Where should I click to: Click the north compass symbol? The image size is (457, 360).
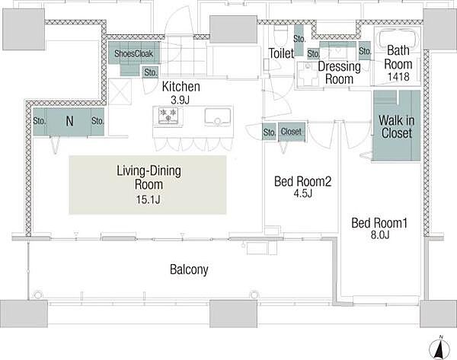[x=439, y=348]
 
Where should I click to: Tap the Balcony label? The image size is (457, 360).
[x=189, y=269]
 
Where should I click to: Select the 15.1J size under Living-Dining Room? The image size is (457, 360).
[x=148, y=199]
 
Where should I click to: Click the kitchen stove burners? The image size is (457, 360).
[x=168, y=115]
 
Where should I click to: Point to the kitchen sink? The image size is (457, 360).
[x=217, y=116]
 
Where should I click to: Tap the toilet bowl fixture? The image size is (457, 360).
[x=280, y=34]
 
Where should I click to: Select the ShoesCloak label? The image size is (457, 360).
[x=133, y=53]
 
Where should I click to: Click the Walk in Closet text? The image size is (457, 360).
[x=396, y=126]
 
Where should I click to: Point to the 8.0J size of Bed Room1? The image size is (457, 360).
[x=380, y=234]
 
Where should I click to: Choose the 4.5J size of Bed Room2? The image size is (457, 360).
[x=303, y=193]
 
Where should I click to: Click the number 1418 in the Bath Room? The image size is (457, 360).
[x=398, y=77]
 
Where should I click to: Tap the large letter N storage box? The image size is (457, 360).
[x=69, y=121]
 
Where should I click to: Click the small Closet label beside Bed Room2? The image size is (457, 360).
[x=291, y=132]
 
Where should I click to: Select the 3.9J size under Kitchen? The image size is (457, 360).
[x=180, y=100]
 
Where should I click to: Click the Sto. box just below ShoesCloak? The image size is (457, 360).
[x=150, y=72]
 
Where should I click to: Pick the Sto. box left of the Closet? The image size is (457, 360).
[x=269, y=132]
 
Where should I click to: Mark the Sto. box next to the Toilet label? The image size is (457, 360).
[x=299, y=40]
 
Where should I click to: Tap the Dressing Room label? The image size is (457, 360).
[x=339, y=72]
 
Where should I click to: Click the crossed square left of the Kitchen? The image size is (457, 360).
[x=120, y=91]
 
